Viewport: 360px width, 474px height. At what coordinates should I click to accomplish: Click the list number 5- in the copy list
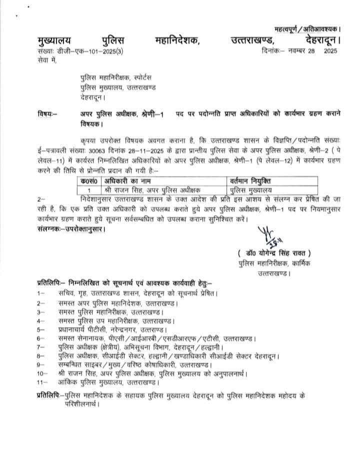coord(40,329)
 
